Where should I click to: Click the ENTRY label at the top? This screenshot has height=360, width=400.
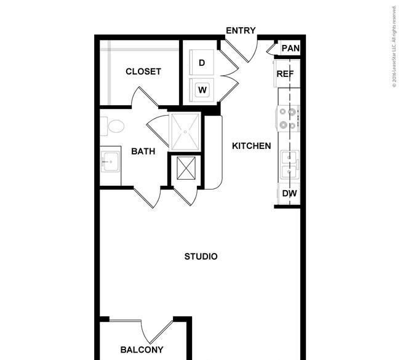(241, 31)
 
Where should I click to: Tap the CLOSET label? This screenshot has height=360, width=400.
(143, 71)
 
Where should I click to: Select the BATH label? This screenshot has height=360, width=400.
(143, 151)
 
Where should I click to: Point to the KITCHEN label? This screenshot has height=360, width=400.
(252, 146)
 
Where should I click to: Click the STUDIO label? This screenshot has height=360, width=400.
(201, 257)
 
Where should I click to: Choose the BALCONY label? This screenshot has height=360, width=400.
(142, 350)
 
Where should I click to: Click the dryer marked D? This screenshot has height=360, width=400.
(201, 62)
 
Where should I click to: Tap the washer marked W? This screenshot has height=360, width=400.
(202, 90)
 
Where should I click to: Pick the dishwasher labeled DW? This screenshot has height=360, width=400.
(289, 193)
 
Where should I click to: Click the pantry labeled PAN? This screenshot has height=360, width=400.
(290, 48)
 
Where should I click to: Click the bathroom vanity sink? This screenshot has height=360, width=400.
(110, 162)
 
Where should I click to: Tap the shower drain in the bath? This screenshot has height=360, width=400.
(185, 132)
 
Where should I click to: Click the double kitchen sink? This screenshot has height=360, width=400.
(290, 165)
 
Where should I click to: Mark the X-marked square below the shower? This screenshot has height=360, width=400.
(186, 168)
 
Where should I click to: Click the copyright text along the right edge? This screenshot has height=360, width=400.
(394, 47)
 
